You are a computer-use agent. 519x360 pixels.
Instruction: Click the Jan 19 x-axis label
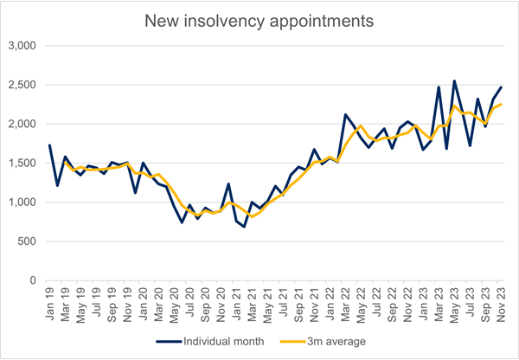tap(49, 303)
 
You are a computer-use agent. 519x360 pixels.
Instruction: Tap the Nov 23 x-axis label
tap(501, 303)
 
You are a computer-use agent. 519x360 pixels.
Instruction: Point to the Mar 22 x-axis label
tap(345, 303)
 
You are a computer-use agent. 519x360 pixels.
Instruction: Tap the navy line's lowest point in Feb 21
tap(244, 227)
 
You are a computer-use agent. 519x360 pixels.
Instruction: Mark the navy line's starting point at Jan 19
tap(49, 145)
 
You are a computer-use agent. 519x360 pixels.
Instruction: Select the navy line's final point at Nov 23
tap(501, 87)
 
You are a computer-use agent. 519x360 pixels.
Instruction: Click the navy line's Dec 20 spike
tap(228, 183)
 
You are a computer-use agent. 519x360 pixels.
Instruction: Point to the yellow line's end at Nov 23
tap(501, 105)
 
